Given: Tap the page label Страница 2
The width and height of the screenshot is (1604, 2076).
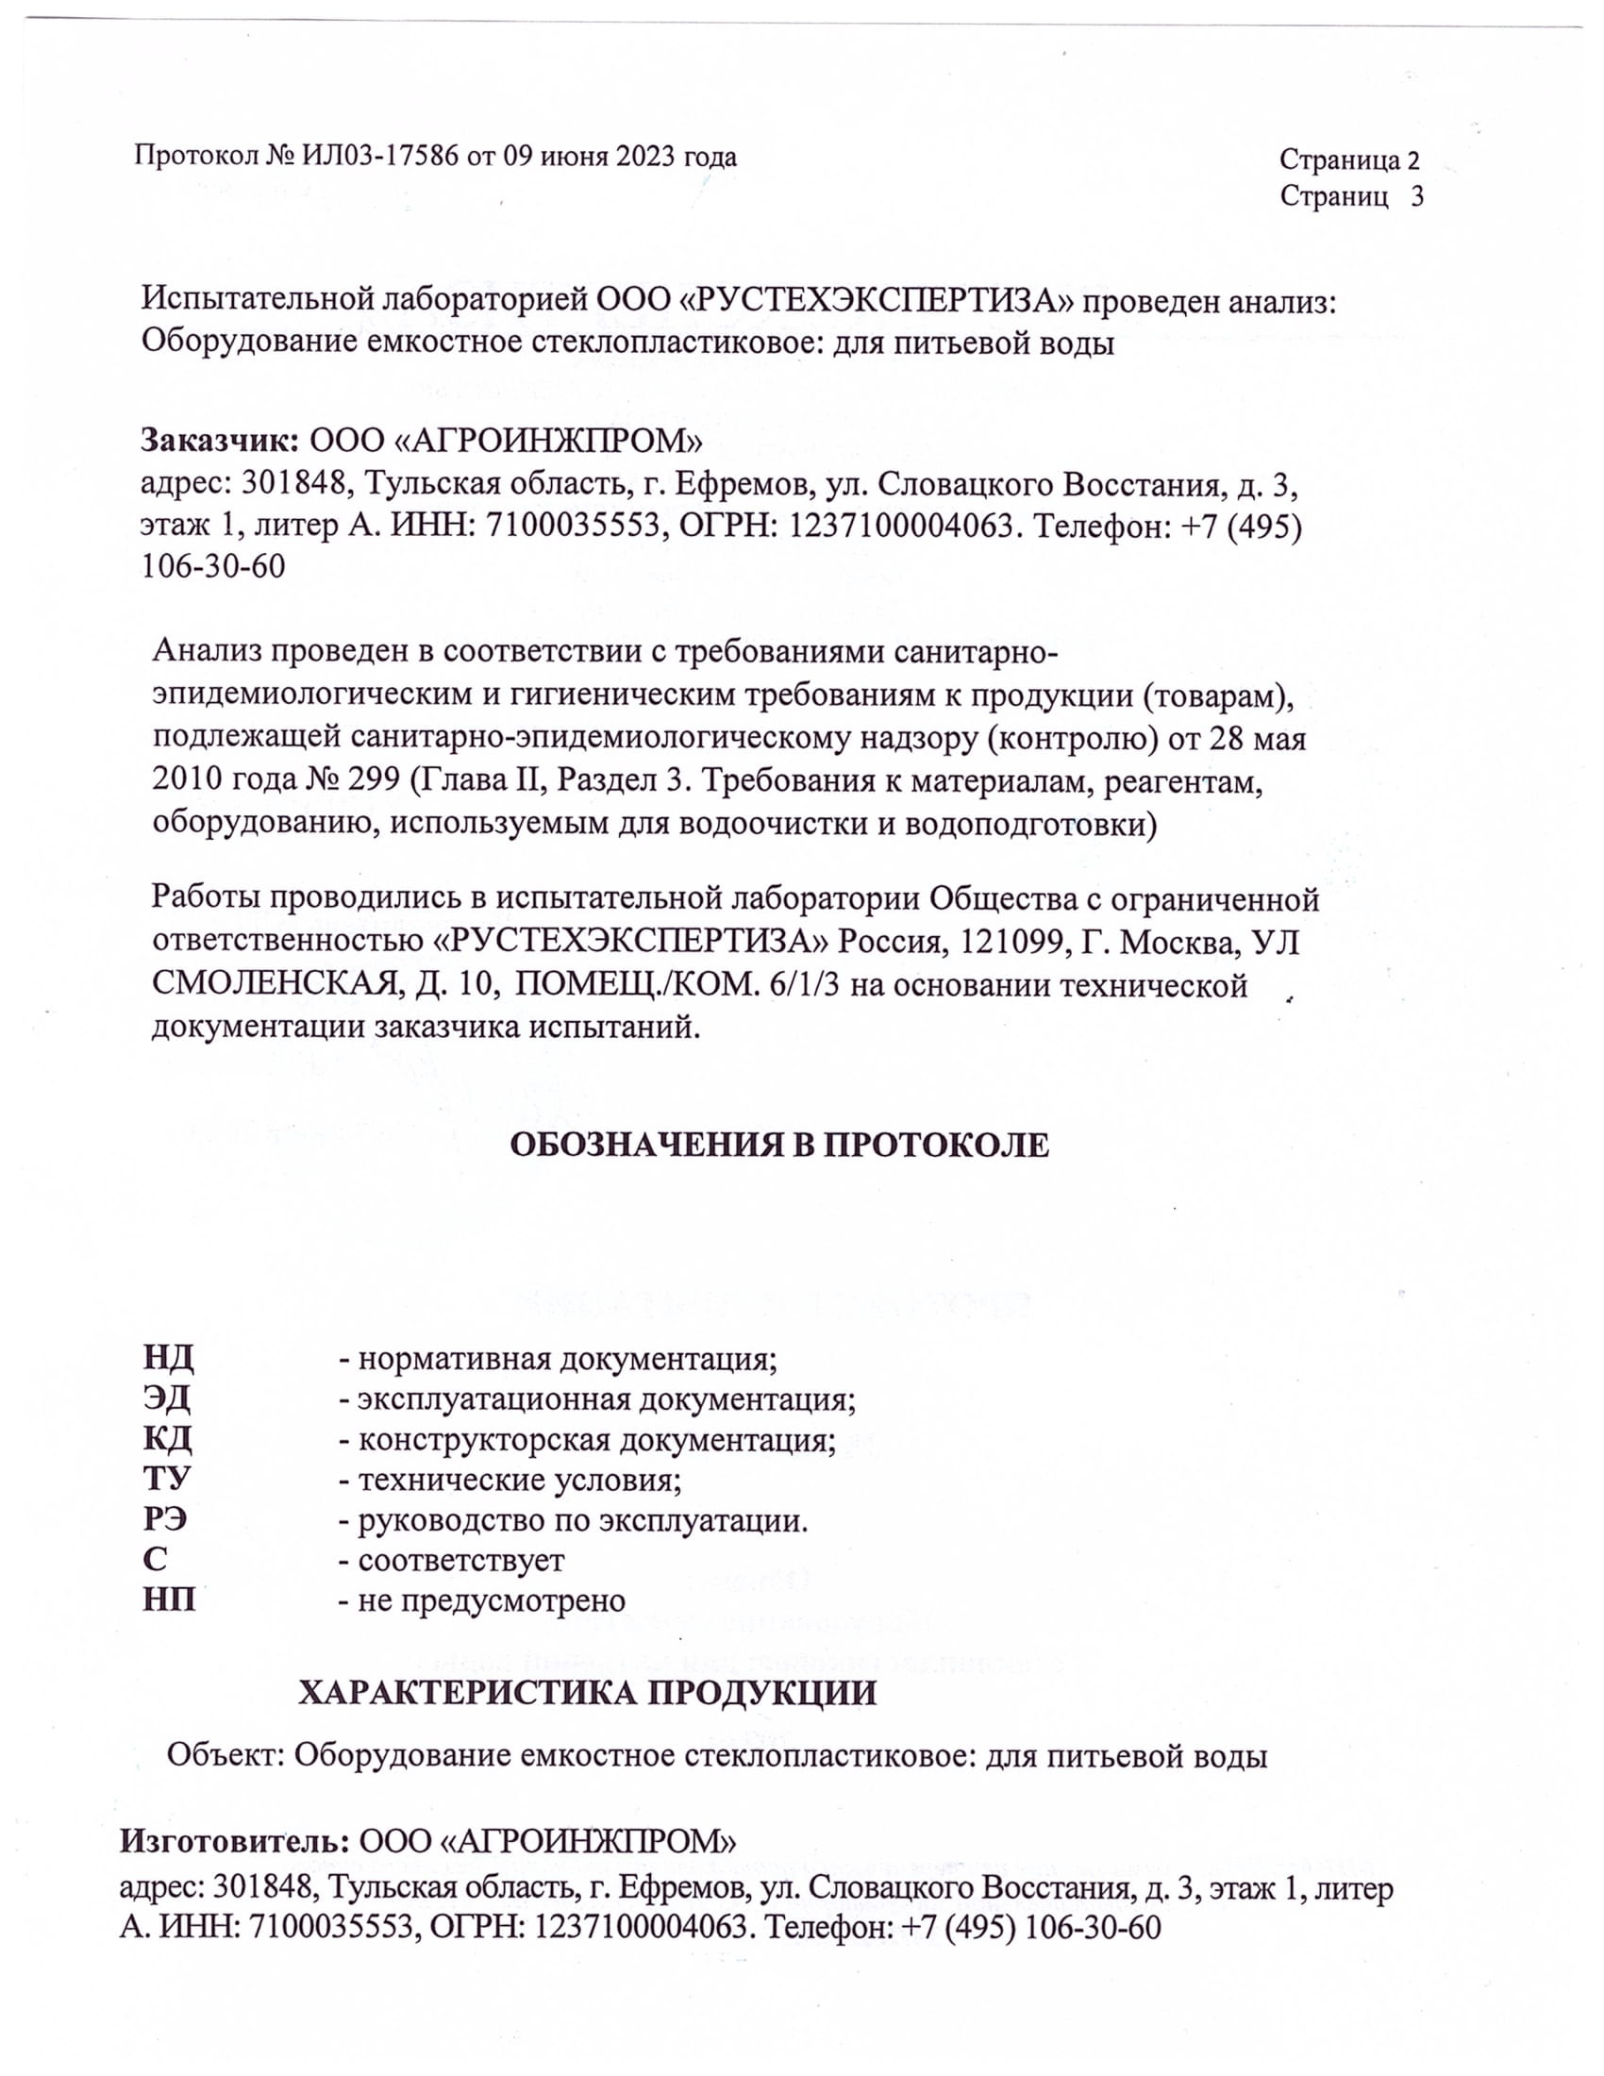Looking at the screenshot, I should click(1349, 159).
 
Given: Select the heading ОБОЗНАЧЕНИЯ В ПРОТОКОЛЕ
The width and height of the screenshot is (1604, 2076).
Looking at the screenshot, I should click(779, 1146).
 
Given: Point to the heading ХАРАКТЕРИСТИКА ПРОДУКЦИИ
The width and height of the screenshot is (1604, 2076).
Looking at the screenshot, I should click(587, 1693).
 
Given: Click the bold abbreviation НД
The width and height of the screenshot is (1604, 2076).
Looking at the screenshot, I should click(169, 1358).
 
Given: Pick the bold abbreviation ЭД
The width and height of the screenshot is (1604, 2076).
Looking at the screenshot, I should click(167, 1398).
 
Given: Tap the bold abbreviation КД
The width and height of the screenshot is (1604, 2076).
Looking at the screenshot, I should click(168, 1439).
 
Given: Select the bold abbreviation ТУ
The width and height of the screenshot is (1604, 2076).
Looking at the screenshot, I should click(167, 1479).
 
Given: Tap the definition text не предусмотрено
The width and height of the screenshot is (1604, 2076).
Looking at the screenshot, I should click(492, 1600).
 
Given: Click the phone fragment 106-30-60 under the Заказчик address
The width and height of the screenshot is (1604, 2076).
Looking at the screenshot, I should click(213, 566).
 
